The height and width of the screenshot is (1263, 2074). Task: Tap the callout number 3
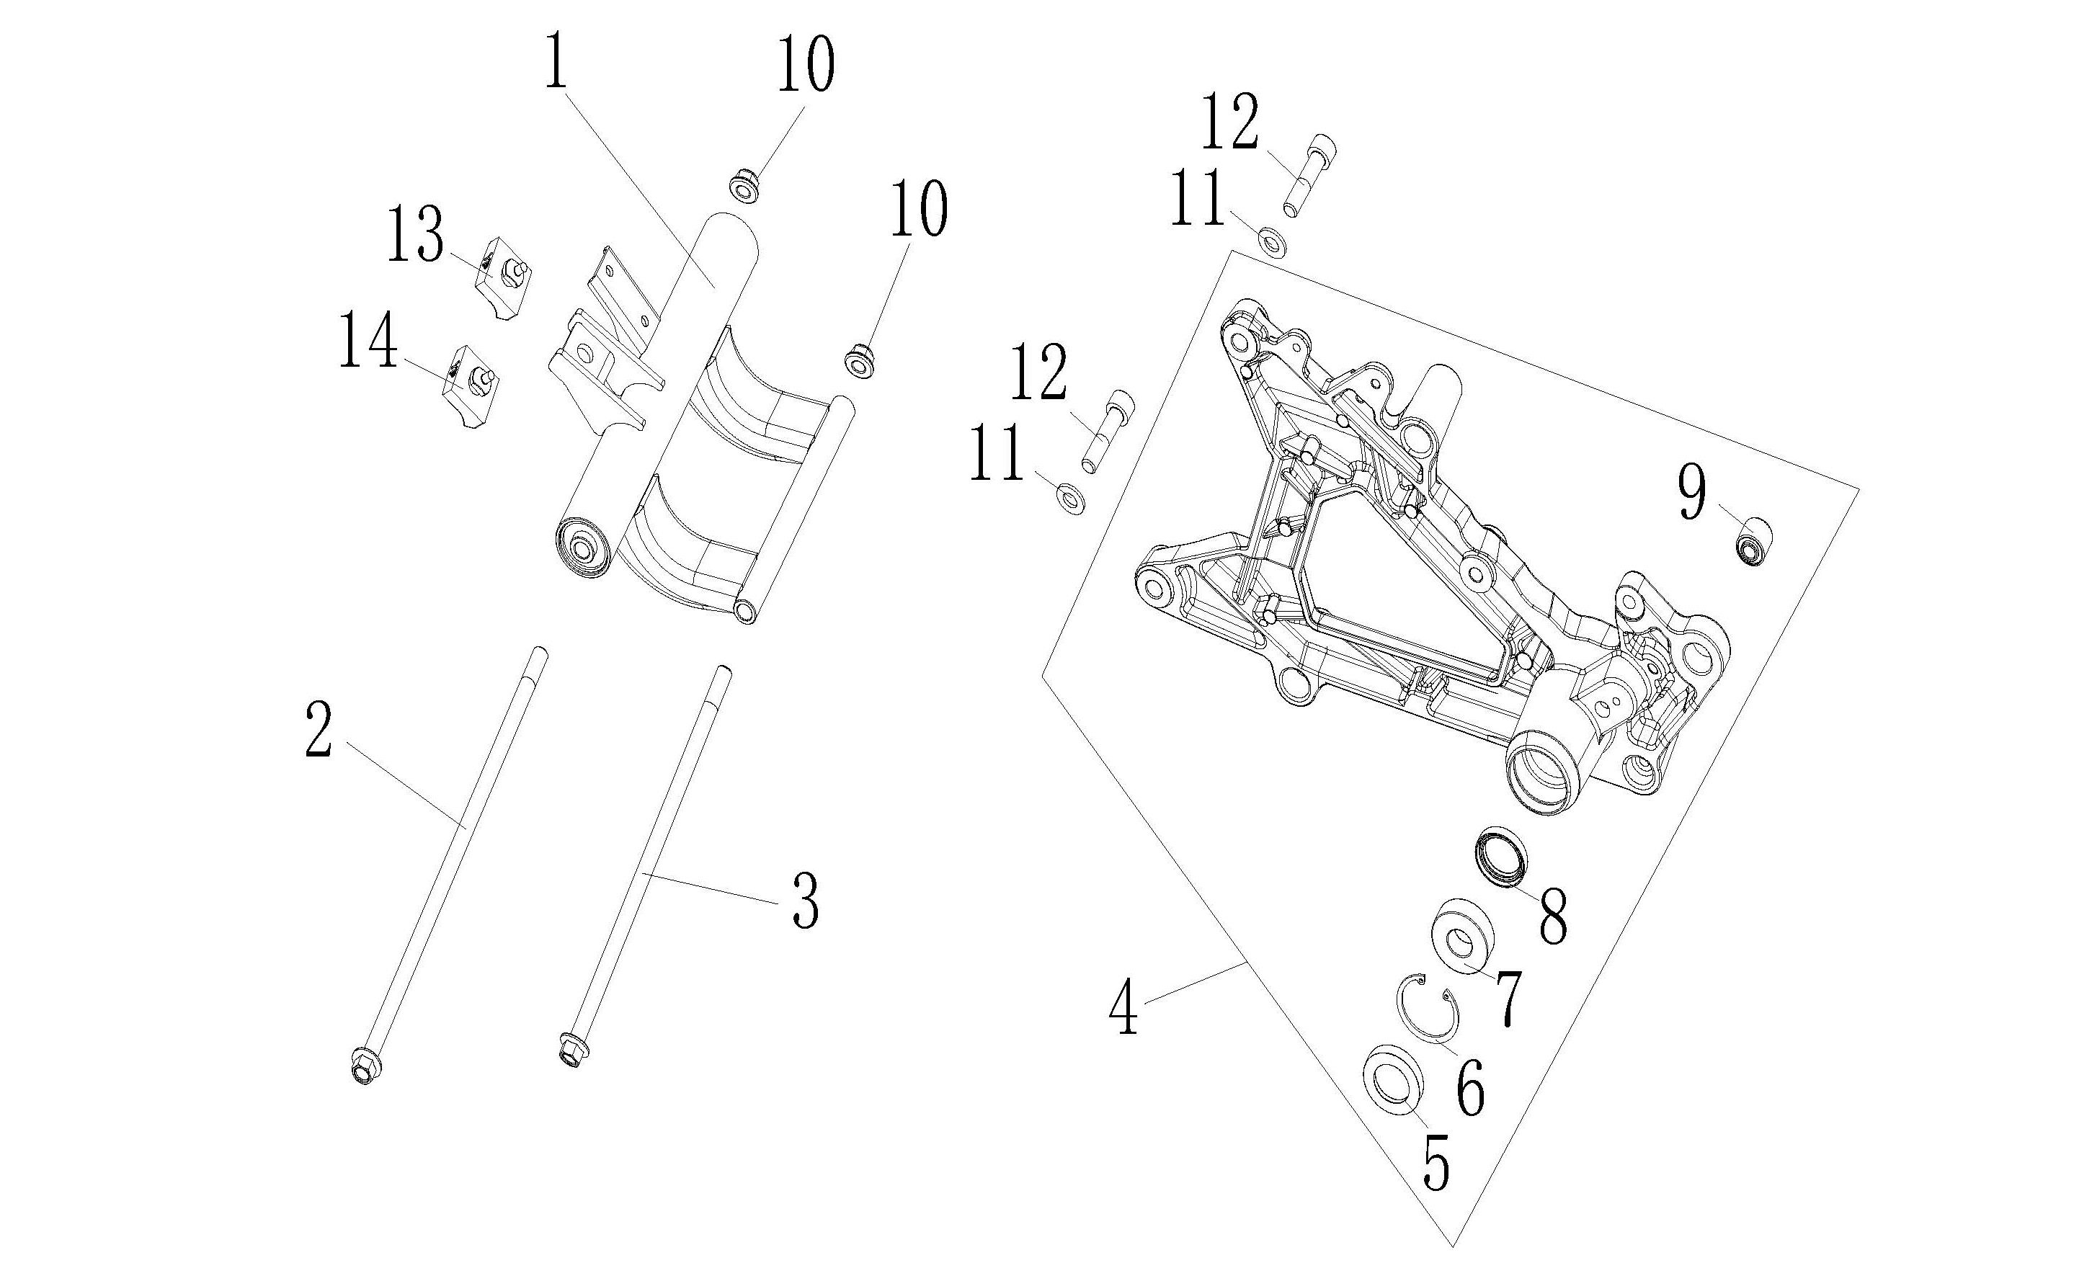(805, 901)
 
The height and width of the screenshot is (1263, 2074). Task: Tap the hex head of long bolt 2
(365, 1068)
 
